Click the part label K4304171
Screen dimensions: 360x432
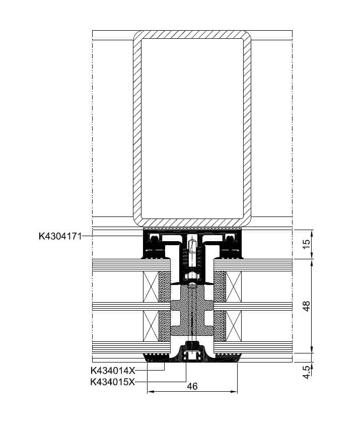(x=60, y=236)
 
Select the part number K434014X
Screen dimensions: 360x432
(x=113, y=371)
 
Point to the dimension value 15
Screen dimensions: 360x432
(x=306, y=244)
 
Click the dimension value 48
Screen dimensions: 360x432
(x=306, y=306)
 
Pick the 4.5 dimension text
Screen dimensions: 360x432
(x=306, y=372)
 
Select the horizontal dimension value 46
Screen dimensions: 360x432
(x=192, y=386)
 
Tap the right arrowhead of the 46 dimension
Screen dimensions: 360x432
(x=234, y=392)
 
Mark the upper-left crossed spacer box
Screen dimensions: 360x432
(x=151, y=286)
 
